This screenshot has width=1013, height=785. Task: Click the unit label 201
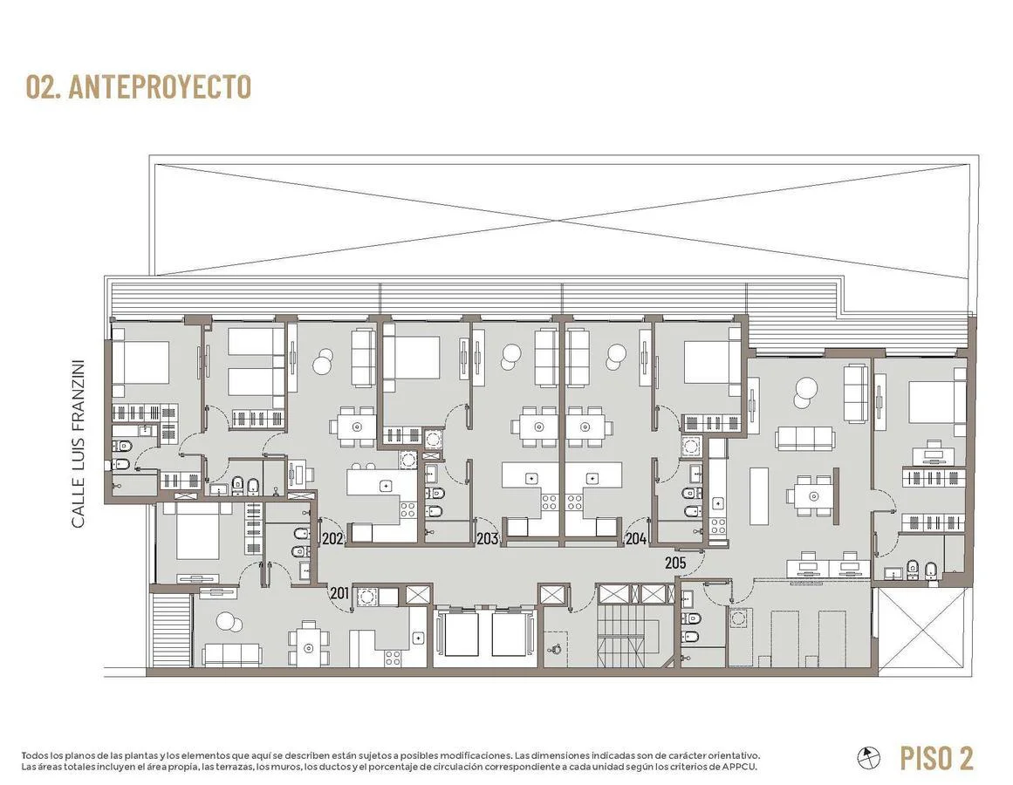click(339, 592)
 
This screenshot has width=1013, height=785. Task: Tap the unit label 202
click(332, 538)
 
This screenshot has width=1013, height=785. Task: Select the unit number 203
click(487, 538)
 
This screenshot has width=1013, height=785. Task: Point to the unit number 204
click(636, 538)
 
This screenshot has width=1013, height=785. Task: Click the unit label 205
click(675, 563)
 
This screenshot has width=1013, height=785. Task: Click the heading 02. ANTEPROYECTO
click(138, 87)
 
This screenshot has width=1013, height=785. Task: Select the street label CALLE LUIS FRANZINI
click(79, 443)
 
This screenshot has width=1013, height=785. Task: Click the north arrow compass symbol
click(869, 756)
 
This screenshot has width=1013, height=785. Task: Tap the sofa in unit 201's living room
click(232, 654)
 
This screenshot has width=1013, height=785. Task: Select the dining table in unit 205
click(813, 495)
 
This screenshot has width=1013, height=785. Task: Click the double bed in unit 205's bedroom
click(937, 401)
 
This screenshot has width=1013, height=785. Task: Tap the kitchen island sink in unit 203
click(531, 478)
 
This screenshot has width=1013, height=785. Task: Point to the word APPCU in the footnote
click(741, 767)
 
